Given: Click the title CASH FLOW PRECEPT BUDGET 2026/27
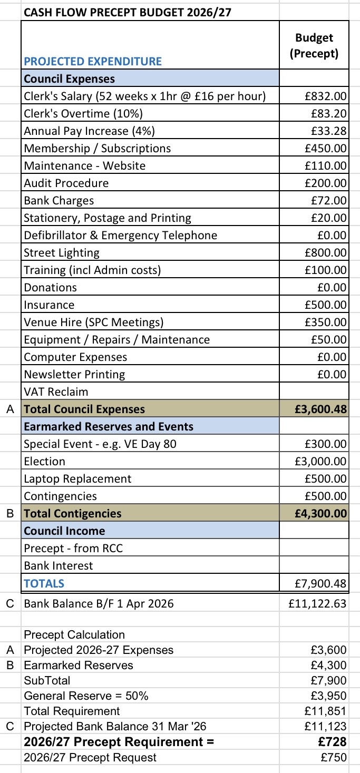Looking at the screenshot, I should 128,11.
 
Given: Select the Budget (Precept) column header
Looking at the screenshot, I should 314,45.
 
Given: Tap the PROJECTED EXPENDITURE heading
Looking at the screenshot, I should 93,61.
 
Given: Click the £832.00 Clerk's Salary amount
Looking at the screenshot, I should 326,96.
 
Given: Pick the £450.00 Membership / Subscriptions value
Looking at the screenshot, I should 326,148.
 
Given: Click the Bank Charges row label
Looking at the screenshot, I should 59,200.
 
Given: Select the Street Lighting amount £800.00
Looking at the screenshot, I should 326,252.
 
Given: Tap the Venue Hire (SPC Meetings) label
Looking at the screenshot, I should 94,322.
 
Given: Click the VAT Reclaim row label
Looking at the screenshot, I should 56,392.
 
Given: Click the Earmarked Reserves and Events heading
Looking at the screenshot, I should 109,426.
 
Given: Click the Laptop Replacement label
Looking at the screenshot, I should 77,478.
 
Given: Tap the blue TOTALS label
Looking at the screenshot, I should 44,583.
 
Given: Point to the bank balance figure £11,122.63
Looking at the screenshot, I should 318,603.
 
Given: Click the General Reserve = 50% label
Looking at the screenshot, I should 86,696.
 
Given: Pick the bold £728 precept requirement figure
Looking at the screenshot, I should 333,742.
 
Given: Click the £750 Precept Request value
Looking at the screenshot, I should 334,758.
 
